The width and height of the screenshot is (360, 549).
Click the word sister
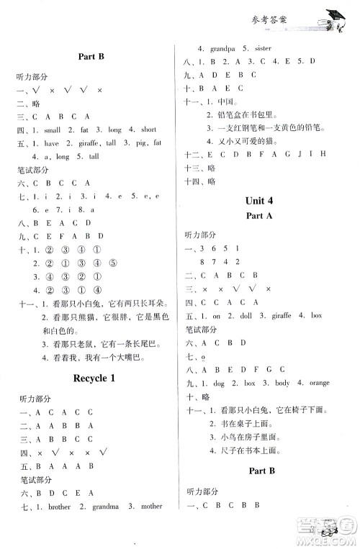pos(268,48)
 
